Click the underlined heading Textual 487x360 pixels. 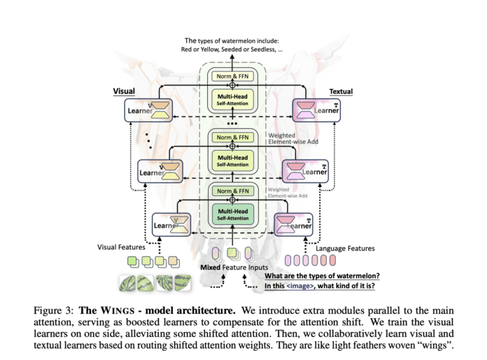[341, 92]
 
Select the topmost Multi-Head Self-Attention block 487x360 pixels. [233, 98]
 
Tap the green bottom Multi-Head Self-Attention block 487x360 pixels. [233, 212]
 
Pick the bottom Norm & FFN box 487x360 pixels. [233, 191]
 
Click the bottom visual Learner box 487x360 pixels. [171, 225]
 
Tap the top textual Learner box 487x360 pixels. [319, 109]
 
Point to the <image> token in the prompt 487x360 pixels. [300, 285]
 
